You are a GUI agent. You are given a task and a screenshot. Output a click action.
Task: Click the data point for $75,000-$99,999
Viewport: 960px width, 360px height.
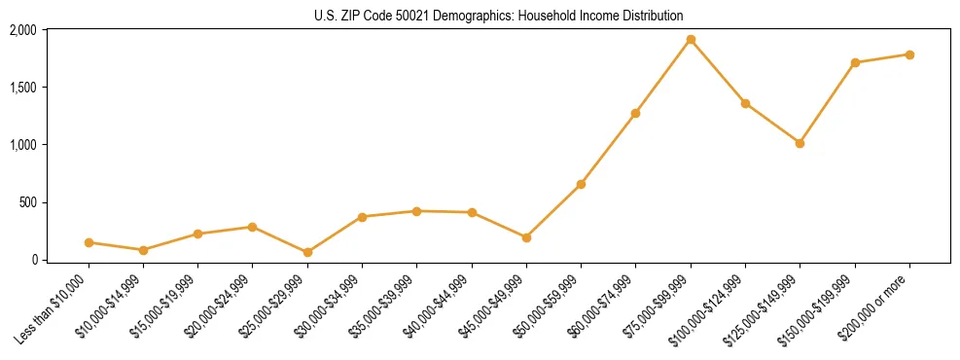[691, 40]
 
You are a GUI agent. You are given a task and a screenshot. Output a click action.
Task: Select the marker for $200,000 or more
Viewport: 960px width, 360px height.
[909, 54]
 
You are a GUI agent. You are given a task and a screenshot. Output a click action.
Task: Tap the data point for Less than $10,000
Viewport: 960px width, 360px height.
[89, 242]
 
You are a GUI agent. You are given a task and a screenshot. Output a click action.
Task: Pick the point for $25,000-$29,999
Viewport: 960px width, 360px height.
[307, 252]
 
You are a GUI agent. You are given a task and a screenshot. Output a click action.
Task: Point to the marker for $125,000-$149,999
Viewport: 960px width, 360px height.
[800, 143]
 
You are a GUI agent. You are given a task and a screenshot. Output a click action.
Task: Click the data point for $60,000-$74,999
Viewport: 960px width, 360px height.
[635, 113]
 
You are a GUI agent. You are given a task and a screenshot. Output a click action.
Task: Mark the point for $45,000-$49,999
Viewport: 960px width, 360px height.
[526, 237]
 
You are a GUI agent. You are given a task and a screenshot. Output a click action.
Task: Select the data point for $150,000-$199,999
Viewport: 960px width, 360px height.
[855, 62]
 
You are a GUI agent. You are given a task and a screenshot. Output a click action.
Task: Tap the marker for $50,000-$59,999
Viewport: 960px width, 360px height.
[581, 184]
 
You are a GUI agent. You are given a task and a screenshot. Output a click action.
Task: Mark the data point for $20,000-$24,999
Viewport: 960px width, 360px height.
[253, 227]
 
